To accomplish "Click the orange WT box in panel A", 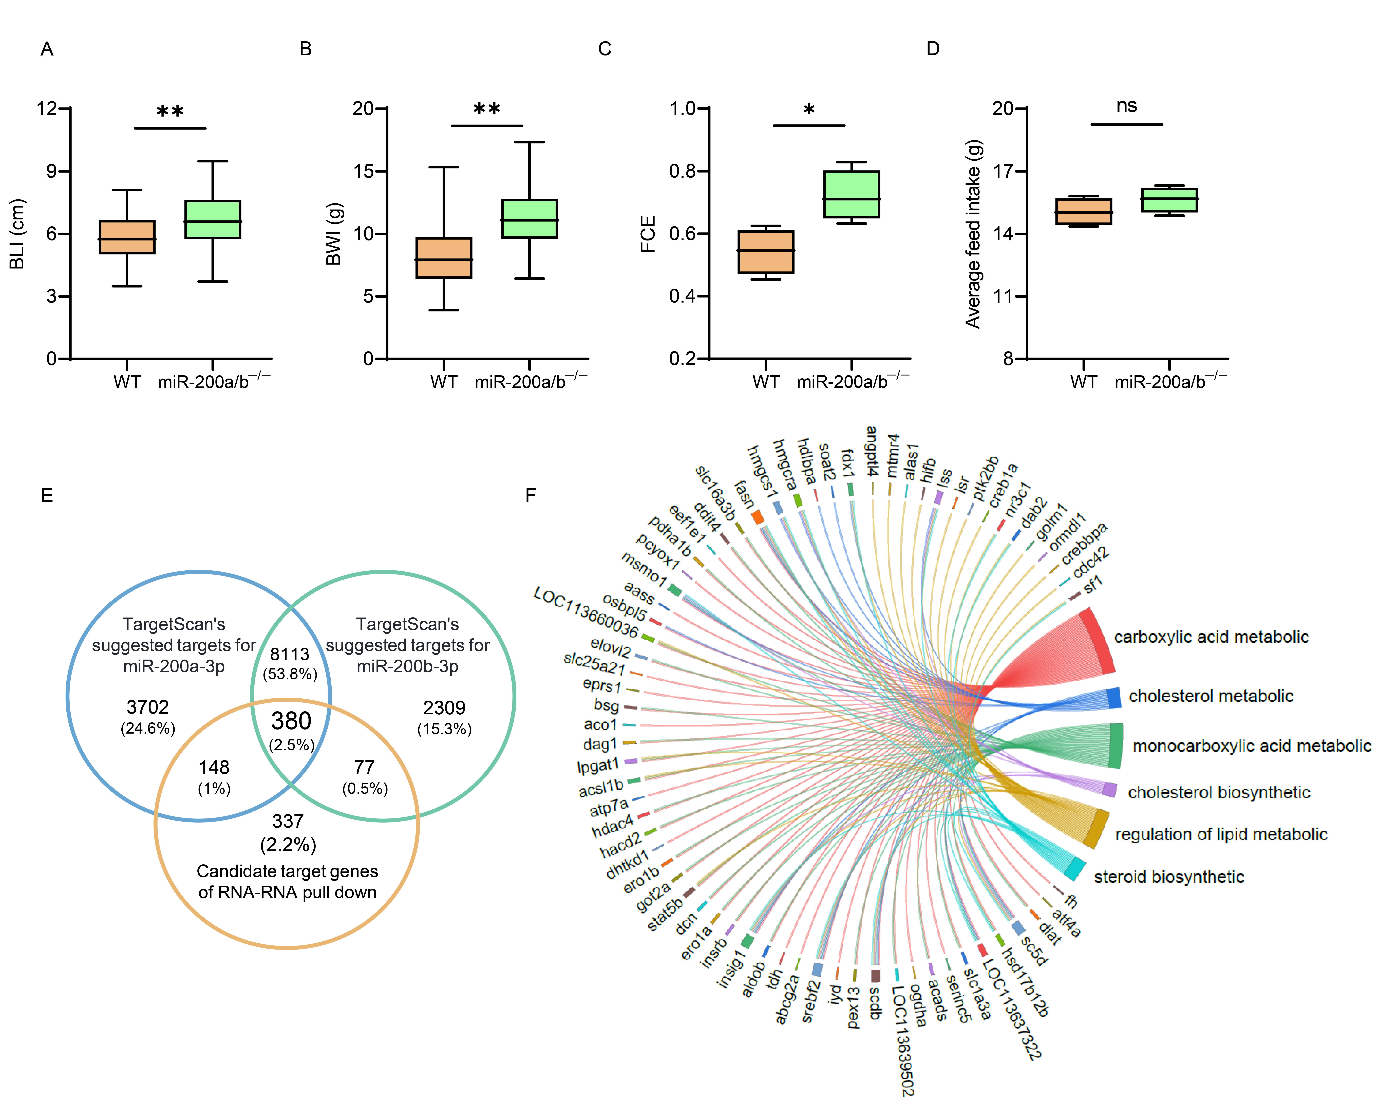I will pos(127,237).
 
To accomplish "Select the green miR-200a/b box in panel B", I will pos(529,219).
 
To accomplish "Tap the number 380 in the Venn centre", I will pos(291,721).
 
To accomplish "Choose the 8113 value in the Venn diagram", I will pos(290,654).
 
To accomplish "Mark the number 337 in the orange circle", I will pos(287,821).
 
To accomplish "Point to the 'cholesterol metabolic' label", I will pos(1210,696).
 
